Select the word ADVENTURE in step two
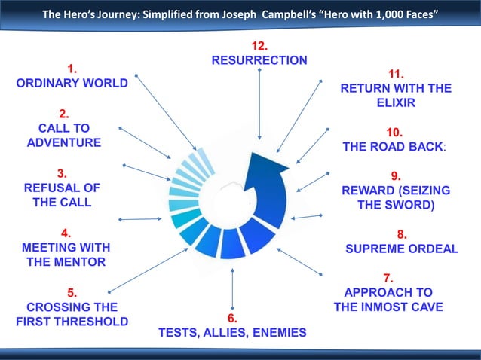point(64,142)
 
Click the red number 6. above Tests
point(233,318)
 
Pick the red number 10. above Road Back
point(398,131)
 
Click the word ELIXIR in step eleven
point(396,102)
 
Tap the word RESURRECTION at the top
point(259,59)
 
